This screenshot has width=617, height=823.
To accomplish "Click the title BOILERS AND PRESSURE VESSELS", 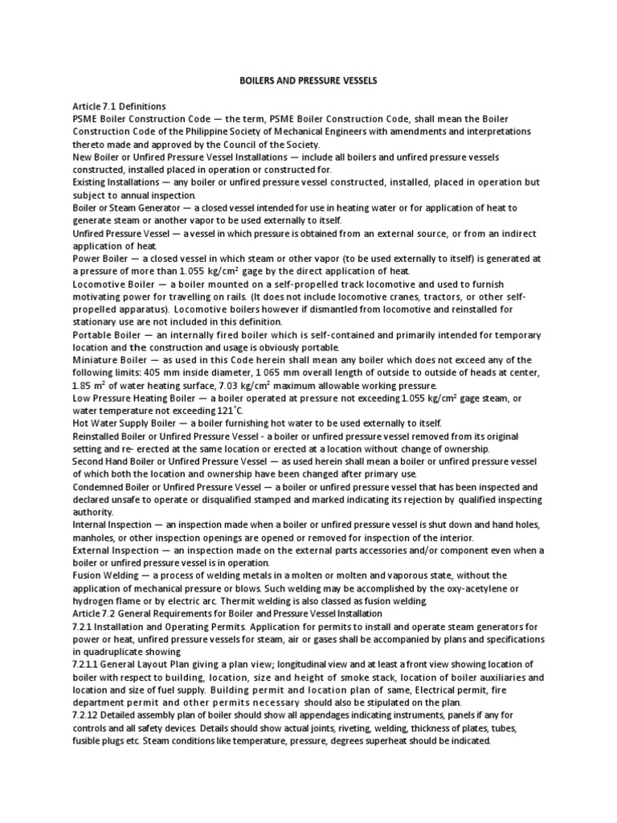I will coord(308,81).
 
